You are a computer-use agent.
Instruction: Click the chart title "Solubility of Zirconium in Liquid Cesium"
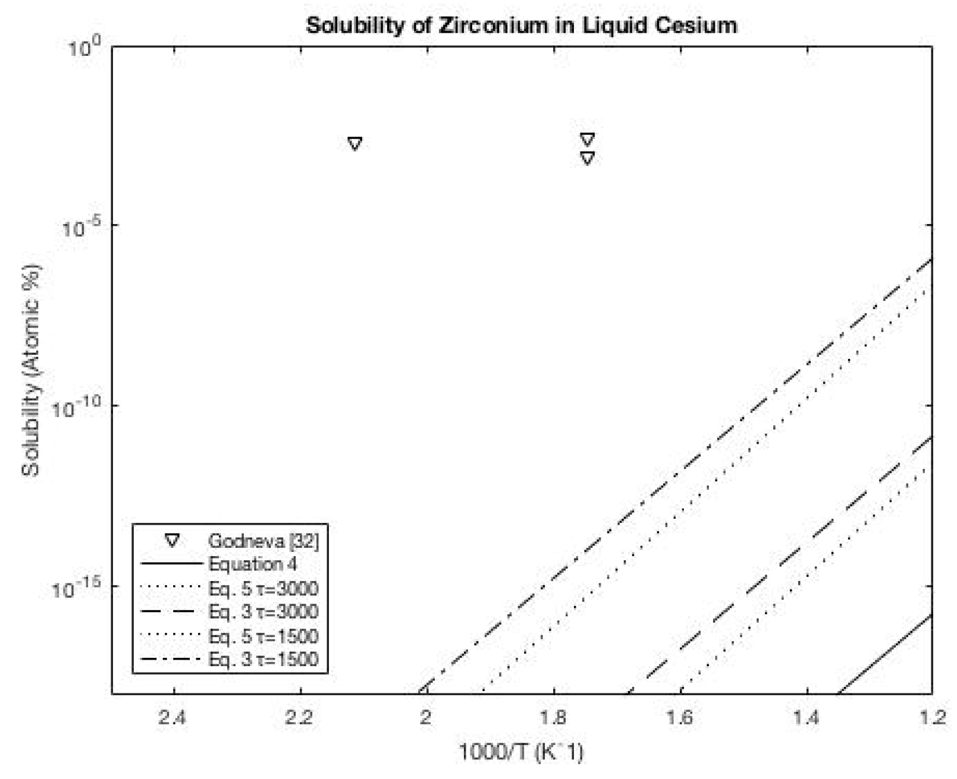[521, 26]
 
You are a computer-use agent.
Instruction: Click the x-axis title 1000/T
[521, 752]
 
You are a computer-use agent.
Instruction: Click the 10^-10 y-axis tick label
[77, 408]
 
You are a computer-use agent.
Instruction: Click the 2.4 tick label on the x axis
[174, 718]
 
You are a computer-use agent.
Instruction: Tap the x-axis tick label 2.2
[300, 718]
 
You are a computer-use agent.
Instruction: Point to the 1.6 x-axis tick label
[680, 718]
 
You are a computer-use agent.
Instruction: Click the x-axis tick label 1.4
[807, 718]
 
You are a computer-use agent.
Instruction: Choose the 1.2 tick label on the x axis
[931, 718]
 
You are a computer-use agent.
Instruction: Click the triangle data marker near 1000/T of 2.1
[354, 143]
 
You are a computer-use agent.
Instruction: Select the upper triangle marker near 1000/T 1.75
[587, 139]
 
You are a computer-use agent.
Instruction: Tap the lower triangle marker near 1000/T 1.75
[587, 158]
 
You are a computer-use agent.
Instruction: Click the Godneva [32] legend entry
[263, 541]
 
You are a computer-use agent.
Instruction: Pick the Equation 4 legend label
[252, 564]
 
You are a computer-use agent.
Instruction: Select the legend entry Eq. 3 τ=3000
[263, 611]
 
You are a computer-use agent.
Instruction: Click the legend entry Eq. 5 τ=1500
[263, 636]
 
